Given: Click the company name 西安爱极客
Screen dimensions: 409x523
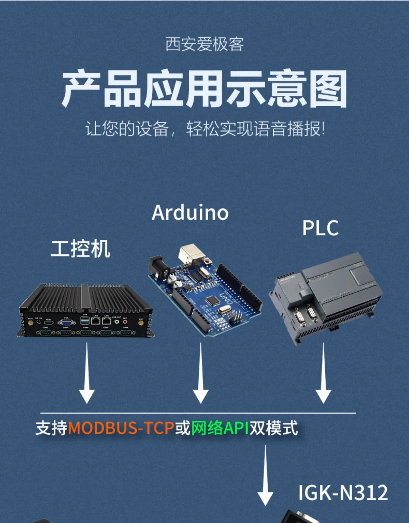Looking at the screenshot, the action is coord(204,44).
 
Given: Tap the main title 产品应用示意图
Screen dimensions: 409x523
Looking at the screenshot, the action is coord(204,89).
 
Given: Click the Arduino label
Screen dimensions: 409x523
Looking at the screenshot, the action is coord(190,213).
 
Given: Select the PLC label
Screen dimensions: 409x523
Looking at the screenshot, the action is coord(320,228).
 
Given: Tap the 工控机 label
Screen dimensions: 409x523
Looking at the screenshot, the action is coord(80,248).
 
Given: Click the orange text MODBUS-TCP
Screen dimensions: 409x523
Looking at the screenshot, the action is coord(121,428).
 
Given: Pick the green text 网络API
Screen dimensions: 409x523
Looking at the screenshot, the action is coord(220,428).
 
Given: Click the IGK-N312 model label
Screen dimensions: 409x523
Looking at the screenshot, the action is coord(343,492).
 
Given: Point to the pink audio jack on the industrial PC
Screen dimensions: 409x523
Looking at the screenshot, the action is coord(125,322).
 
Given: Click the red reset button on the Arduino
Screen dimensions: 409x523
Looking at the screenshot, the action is coord(208,261).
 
